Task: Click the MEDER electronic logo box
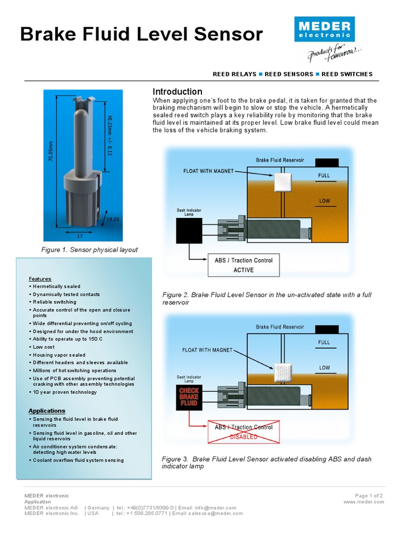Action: (325, 29)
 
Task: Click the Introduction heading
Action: (177, 92)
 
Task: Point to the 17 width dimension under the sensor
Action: (79, 236)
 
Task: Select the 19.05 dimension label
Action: (113, 219)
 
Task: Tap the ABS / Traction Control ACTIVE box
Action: (243, 265)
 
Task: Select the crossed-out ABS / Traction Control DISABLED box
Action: (243, 432)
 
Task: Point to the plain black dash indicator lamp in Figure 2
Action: (189, 231)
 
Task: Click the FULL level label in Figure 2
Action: (324, 175)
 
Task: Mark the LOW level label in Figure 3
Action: (324, 367)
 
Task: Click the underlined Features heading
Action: (40, 278)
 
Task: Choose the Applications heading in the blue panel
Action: (47, 411)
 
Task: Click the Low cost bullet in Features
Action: (44, 347)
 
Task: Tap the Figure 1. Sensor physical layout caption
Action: (89, 249)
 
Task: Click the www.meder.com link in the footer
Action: (363, 502)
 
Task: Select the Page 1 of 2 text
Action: (369, 495)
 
